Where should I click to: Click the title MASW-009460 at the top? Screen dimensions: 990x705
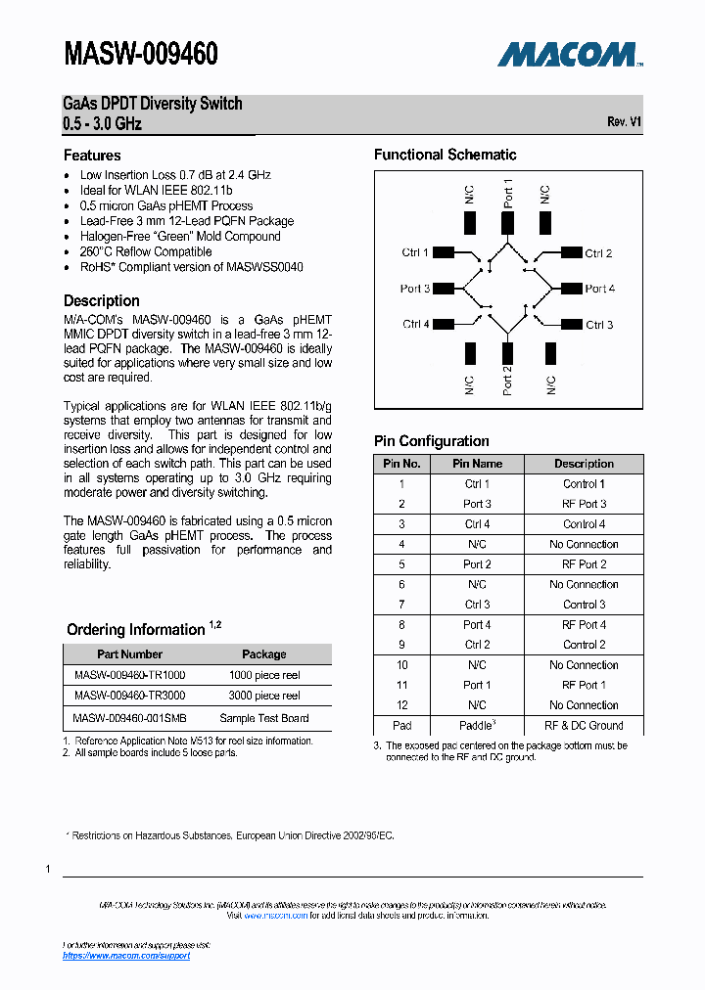pos(141,54)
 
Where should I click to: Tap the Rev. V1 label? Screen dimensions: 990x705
pos(624,121)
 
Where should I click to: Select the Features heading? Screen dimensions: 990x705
pos(92,156)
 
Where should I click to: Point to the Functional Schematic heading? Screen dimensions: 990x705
pos(445,155)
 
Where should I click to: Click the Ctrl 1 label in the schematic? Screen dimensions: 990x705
pos(415,252)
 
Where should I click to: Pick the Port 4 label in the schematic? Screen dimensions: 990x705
pos(599,289)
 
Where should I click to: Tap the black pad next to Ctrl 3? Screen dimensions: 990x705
pos(571,325)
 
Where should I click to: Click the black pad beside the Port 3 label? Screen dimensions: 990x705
pos(444,289)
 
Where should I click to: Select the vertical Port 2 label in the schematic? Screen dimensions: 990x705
pos(507,380)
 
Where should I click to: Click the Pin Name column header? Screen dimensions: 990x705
pos(477,464)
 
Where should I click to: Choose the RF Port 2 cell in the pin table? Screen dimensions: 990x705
pos(584,564)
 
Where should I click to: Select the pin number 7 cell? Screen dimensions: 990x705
pos(401,605)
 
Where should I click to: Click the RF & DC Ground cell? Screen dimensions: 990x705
pos(584,726)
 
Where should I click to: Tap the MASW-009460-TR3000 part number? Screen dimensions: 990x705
pos(129,696)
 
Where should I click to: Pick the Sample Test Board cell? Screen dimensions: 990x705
pos(263,718)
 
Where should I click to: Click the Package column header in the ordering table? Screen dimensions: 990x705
pos(264,654)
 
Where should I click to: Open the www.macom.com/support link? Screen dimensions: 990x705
pos(126,956)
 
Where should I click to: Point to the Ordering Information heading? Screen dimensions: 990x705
pos(135,630)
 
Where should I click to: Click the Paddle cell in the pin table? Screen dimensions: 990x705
pos(477,726)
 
